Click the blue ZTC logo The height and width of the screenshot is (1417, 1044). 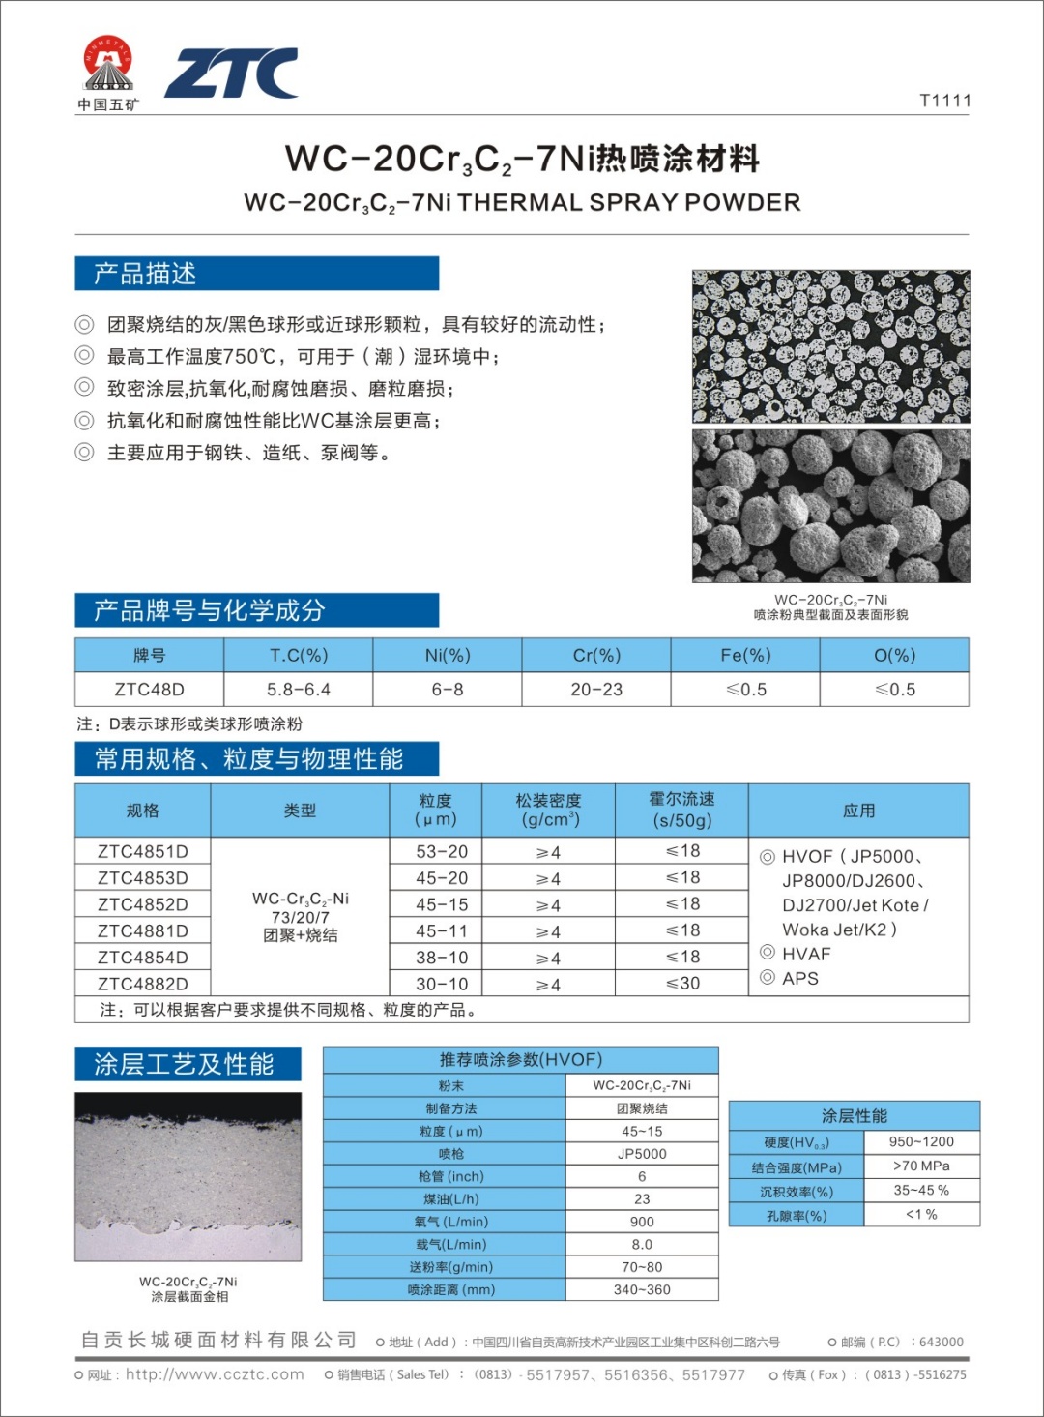pos(231,74)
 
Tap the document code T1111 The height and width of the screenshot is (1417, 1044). pos(944,101)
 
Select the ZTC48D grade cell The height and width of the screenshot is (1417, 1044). pos(149,690)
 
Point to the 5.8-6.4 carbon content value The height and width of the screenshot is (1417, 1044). pos(299,690)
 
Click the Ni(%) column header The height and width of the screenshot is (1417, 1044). pos(448,656)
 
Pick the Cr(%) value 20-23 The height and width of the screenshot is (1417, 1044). pos(596,690)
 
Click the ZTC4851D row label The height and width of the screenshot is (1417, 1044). pos(142,851)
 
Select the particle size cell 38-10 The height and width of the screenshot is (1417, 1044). pos(442,958)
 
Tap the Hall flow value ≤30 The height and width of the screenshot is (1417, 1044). pos(682,984)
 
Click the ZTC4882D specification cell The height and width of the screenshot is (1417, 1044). pos(142,984)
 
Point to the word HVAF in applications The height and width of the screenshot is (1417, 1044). pos(806,954)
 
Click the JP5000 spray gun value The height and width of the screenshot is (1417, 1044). pos(642,1154)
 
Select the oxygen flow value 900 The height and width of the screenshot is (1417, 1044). pos(642,1222)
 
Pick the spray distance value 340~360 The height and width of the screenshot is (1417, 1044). pos(642,1289)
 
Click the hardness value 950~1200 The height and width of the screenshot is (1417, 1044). pos(921,1141)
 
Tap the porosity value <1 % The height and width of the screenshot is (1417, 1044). pos(921,1214)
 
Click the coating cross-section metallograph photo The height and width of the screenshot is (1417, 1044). pos(188,1176)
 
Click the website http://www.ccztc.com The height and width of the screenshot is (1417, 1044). pos(215,1374)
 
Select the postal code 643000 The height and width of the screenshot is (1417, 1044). pos(941,1342)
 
